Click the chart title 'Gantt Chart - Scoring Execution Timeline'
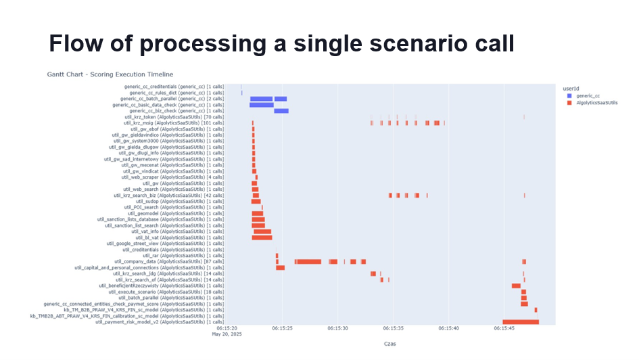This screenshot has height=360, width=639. pyautogui.click(x=110, y=74)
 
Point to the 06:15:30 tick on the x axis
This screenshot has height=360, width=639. pyautogui.click(x=337, y=328)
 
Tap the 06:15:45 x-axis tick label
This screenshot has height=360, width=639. pyautogui.click(x=504, y=328)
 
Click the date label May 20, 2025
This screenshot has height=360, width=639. pyautogui.click(x=227, y=334)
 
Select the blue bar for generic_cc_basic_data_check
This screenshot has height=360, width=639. pyautogui.click(x=261, y=105)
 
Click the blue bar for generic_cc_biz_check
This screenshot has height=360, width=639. pyautogui.click(x=281, y=111)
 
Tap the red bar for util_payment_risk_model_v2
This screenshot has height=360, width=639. pyautogui.click(x=521, y=322)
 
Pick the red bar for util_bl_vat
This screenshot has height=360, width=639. pyautogui.click(x=262, y=238)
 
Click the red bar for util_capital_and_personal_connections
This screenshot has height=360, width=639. pyautogui.click(x=280, y=268)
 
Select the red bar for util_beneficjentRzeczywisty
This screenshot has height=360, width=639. pyautogui.click(x=516, y=286)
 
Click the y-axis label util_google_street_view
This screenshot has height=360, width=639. pyautogui.click(x=165, y=244)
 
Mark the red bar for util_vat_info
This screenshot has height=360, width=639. pyautogui.click(x=262, y=231)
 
